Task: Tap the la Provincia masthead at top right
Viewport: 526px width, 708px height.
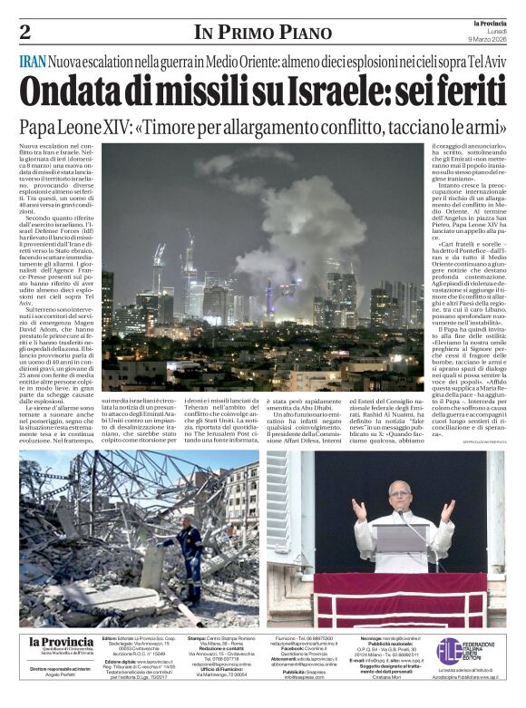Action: pos(486,24)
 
